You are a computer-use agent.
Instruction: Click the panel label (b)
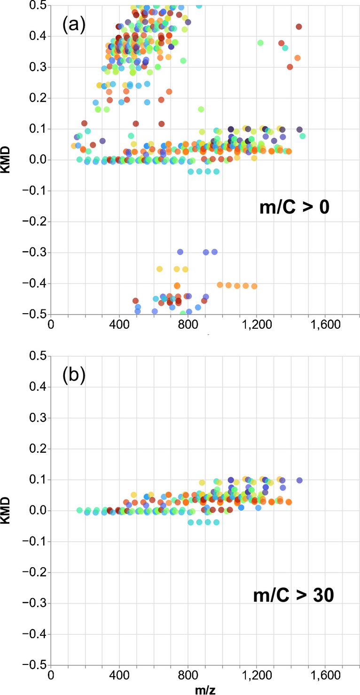point(73,377)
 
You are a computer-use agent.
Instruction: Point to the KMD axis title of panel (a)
point(8,160)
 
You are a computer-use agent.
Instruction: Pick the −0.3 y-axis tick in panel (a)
point(37,253)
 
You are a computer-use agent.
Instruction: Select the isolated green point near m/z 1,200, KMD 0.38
point(260,43)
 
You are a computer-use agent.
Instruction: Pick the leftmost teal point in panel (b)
point(79,510)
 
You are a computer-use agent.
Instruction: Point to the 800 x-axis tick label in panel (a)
point(188,324)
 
